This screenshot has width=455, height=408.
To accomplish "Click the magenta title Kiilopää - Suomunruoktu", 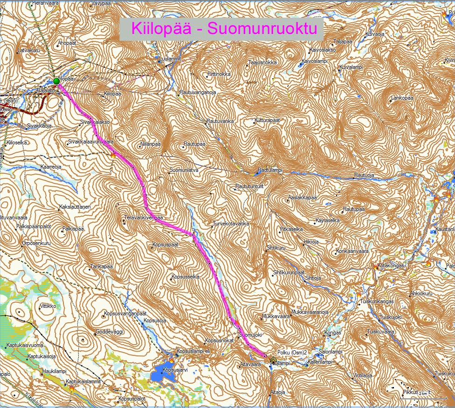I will (x=221, y=28).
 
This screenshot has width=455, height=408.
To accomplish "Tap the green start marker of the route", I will (x=56, y=81).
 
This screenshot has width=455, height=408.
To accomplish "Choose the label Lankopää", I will (x=403, y=98).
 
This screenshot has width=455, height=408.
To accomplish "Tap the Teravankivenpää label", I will (x=144, y=218).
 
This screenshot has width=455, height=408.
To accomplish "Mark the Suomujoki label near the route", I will (x=251, y=334).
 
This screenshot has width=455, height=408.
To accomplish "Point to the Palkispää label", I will (x=73, y=229).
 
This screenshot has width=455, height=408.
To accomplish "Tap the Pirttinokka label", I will (x=219, y=74).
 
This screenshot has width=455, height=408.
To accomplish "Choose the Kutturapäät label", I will (x=268, y=120).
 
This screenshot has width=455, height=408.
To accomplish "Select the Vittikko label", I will (x=48, y=306).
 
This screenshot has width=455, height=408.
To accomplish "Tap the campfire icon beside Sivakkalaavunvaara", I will (x=112, y=156).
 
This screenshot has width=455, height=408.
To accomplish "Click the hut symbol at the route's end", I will (x=273, y=359).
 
